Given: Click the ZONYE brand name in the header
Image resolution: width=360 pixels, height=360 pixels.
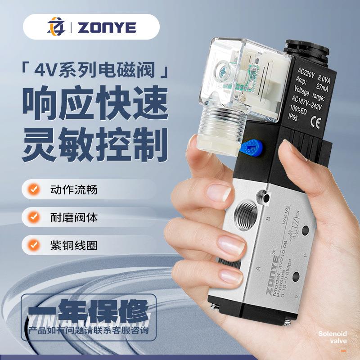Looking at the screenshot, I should (107, 28).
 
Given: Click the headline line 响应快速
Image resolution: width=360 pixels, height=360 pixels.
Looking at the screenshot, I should (95, 104).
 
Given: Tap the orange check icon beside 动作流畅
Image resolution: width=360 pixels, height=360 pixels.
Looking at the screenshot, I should (33, 189).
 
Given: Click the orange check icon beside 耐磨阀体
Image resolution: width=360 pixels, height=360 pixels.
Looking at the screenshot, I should (33, 218).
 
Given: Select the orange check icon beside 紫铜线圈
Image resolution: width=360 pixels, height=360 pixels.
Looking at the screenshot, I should (33, 246).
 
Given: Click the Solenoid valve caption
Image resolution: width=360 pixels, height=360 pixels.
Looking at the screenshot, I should (333, 337).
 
